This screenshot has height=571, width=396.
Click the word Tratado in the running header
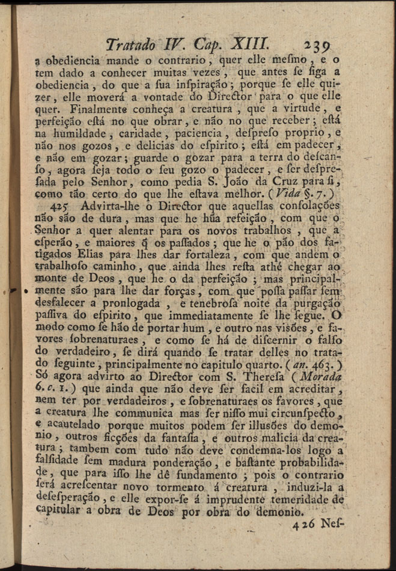click(x=131, y=44)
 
